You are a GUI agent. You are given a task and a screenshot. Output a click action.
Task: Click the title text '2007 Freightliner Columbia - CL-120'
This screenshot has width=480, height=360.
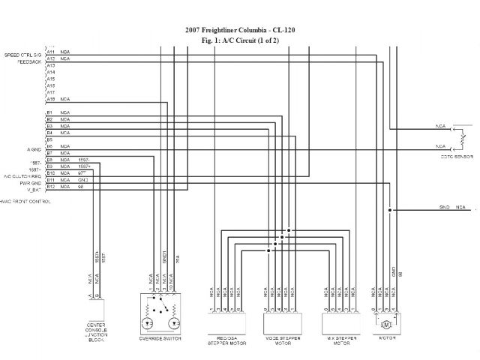click(239, 31)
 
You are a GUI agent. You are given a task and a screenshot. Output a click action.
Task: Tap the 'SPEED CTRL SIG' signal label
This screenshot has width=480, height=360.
click(23, 55)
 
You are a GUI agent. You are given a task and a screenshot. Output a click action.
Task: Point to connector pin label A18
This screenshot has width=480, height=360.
click(50, 99)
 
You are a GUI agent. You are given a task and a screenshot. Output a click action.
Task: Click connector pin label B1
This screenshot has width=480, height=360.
click(50, 113)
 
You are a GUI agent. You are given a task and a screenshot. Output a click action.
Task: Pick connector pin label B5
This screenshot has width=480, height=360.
click(50, 139)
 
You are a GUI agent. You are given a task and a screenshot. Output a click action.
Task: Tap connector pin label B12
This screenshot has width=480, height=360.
click(50, 187)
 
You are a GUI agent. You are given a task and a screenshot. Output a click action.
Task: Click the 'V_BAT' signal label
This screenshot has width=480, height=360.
click(33, 187)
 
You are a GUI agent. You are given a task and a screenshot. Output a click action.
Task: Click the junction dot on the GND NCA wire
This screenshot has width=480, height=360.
click(390, 210)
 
